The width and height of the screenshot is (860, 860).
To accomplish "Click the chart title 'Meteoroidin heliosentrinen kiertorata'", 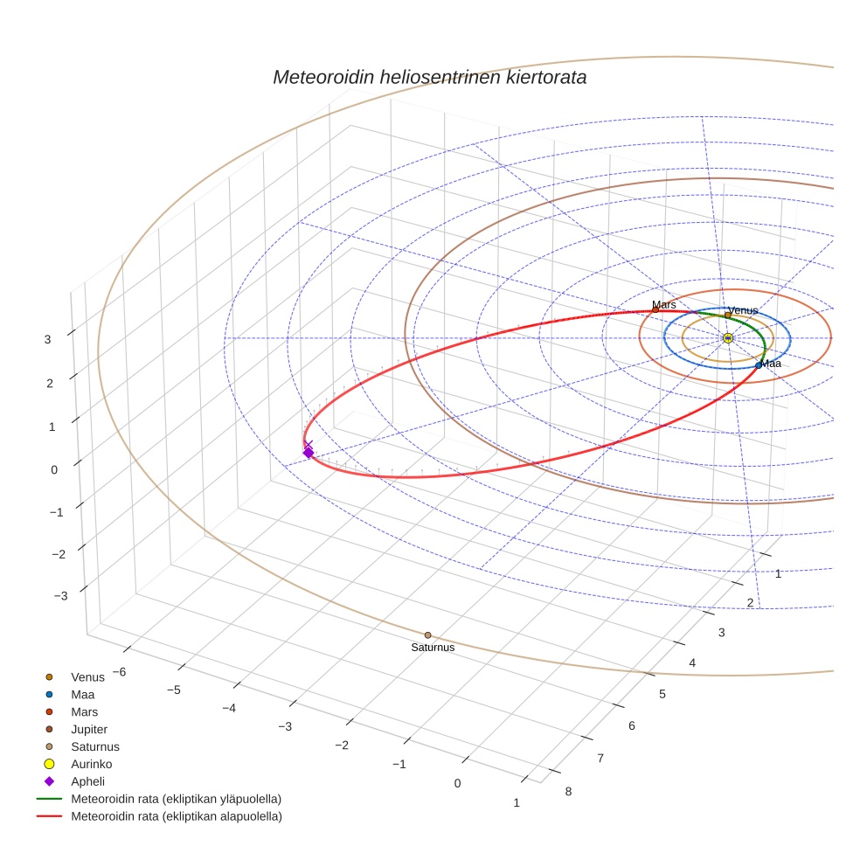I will pos(429,77).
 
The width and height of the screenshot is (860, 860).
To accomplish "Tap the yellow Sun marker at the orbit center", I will pos(728,338).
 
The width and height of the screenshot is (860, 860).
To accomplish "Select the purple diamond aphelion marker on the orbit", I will pos(308,452).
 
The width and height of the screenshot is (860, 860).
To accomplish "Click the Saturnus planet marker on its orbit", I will pos(427,635).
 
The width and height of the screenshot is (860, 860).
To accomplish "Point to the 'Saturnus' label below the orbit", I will pos(433,648).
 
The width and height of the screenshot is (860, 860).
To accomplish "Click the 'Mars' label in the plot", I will pos(664,305).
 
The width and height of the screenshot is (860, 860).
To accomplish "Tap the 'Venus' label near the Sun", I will pos(743,310).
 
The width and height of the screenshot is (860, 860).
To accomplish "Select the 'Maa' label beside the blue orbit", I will pos(771,364).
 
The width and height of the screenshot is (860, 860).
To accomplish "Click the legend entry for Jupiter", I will pos(89,729).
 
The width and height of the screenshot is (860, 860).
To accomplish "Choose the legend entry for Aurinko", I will pos(91,764).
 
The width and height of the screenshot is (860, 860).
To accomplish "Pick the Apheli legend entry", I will pos(87,781).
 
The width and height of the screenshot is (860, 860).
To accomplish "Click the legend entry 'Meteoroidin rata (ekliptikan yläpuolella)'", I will pos(176,799).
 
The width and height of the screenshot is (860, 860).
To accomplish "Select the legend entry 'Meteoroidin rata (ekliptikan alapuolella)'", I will pos(176,816).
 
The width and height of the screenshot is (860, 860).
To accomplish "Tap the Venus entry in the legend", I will pos(87,676).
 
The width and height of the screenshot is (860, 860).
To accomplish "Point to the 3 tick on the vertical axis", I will pos(49,339).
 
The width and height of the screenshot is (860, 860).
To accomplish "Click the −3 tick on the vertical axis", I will pos(60,596).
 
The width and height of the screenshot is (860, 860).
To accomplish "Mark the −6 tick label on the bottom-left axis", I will pos(120,671).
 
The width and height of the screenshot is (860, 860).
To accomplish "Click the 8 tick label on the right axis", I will pos(569,792).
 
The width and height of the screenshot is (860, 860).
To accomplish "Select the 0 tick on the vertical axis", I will pos(54,469).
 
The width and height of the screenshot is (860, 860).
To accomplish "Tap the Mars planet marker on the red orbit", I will pos(655,310).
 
